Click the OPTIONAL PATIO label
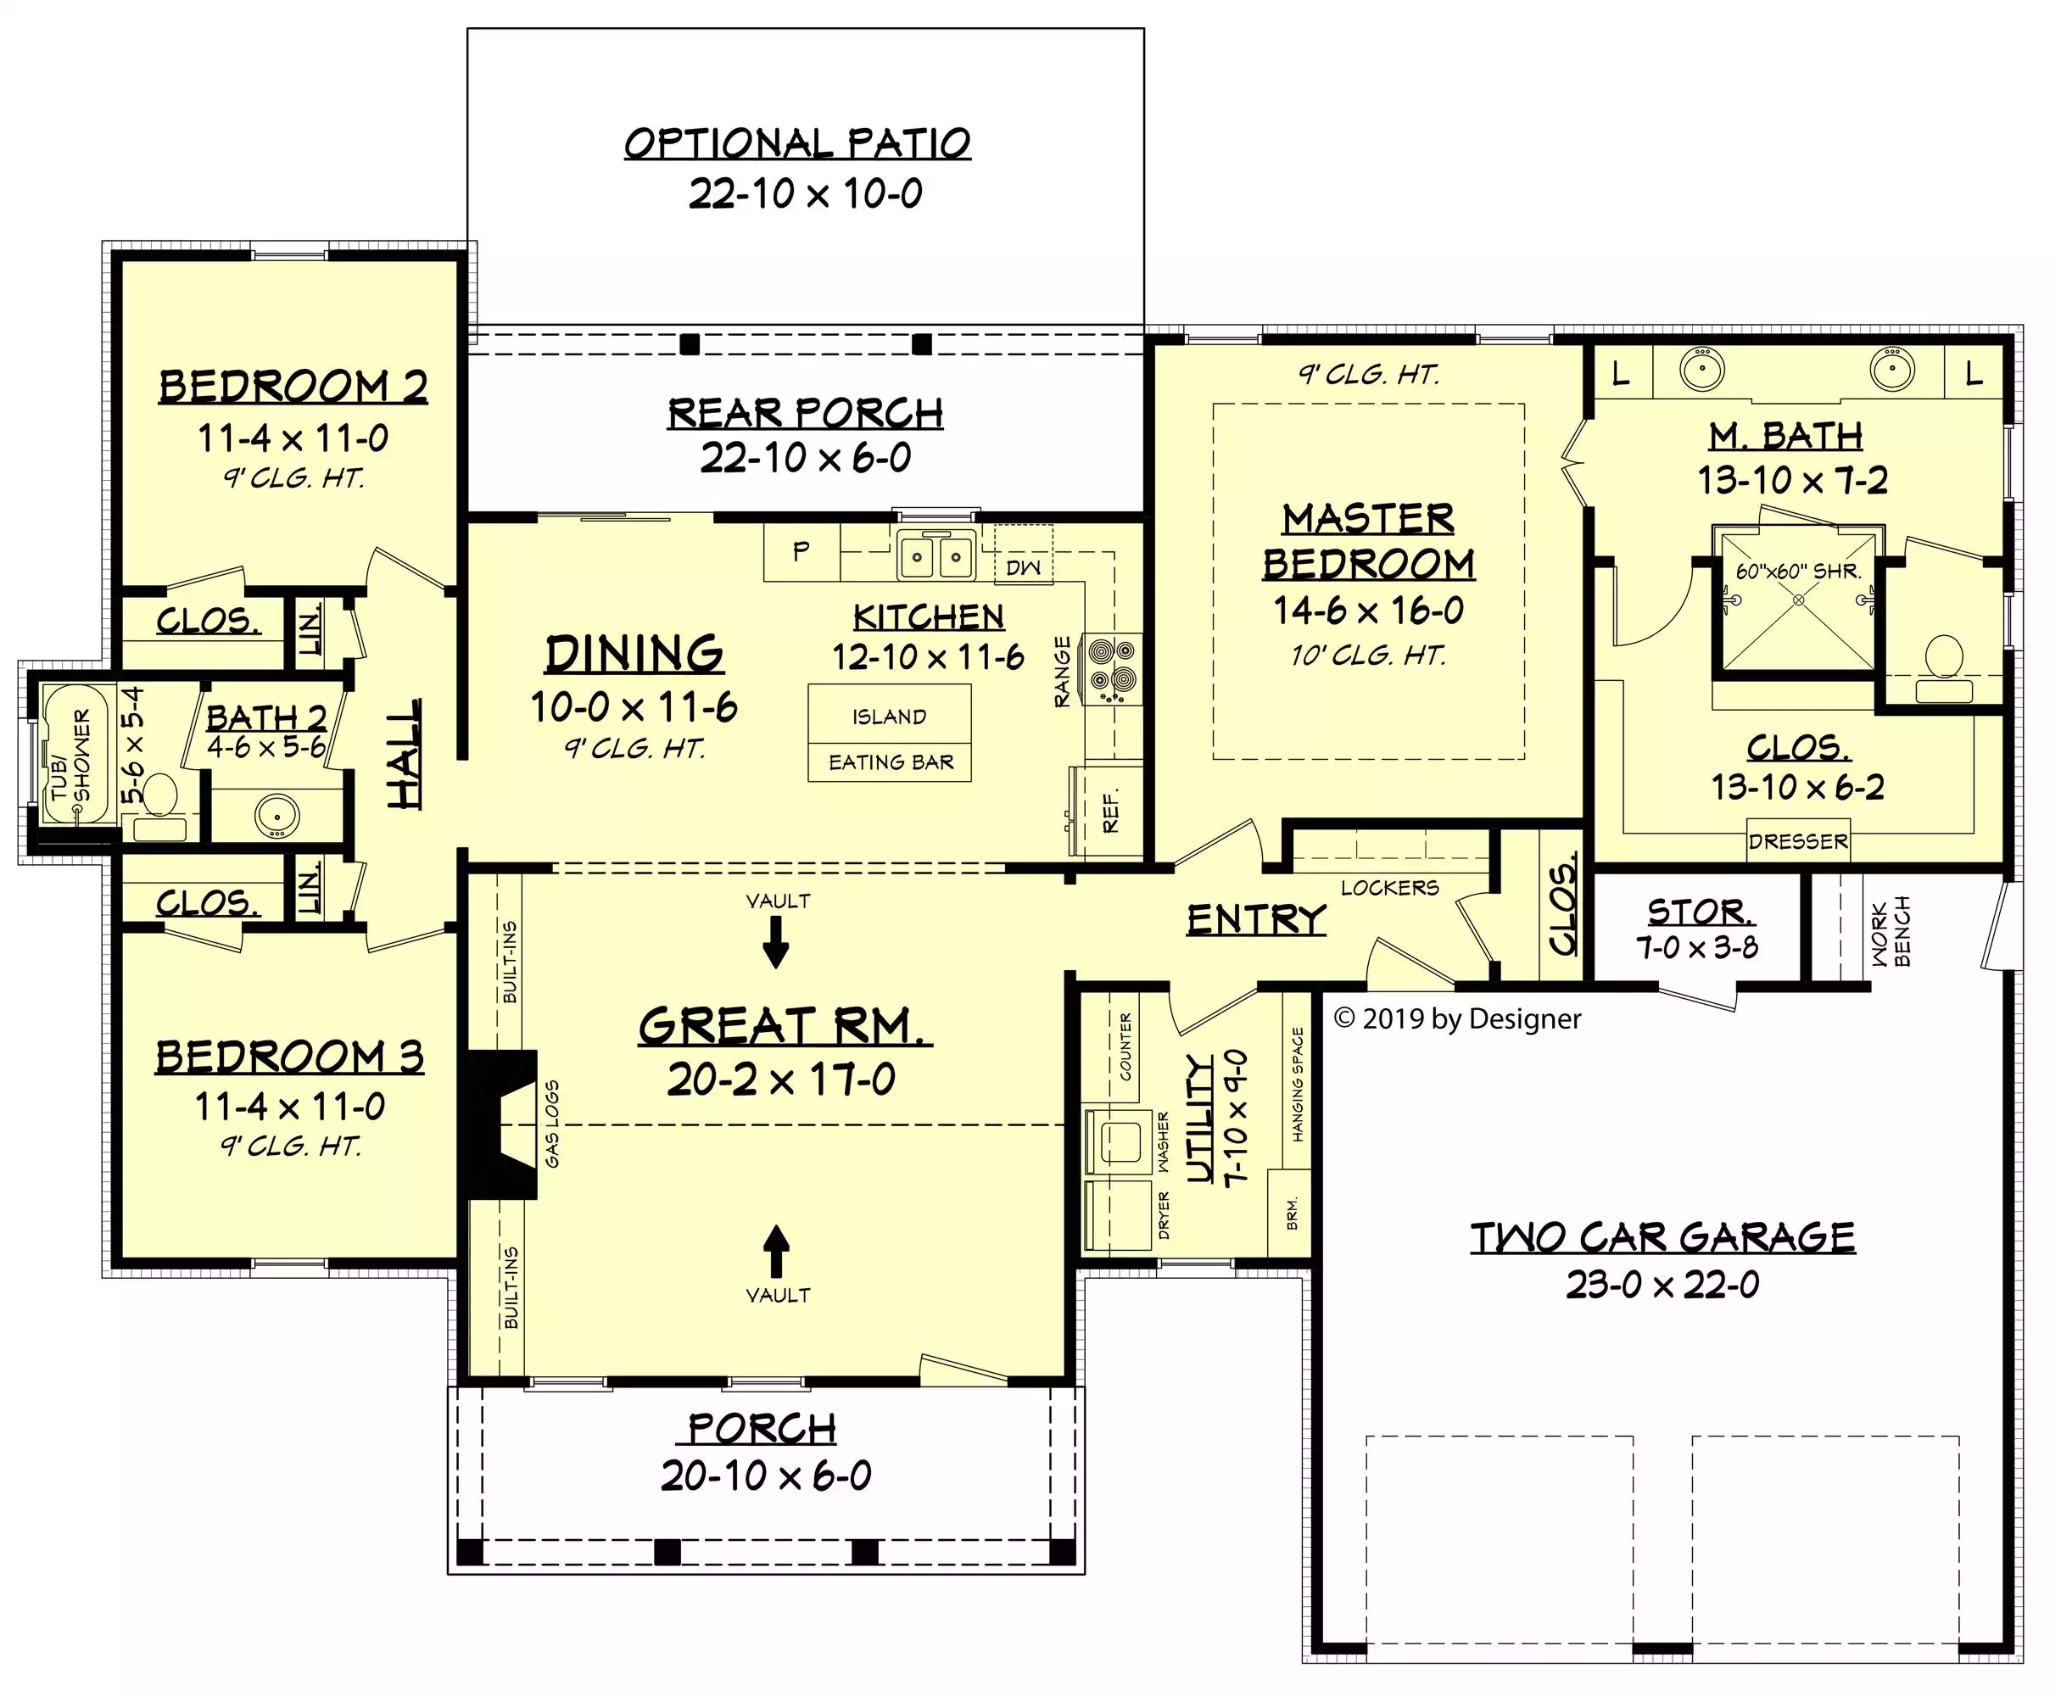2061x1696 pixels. point(797,142)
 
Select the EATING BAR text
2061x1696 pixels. point(891,762)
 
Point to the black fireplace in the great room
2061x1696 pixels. point(500,1124)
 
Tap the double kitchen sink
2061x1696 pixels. point(936,558)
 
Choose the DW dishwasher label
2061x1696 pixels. point(1023,567)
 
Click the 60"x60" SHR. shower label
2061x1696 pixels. point(1798,572)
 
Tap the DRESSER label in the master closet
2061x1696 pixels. point(1798,841)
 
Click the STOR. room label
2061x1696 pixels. point(1701,912)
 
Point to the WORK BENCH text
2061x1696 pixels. point(1890,932)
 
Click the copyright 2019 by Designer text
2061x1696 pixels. point(1456,1019)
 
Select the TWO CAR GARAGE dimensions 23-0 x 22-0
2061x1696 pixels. point(1662,1285)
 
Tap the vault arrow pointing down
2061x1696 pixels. point(776,942)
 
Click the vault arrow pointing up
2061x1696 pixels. point(776,1252)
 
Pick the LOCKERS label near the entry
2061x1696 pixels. point(1389,888)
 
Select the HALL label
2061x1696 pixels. point(405,753)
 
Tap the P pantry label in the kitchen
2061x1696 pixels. point(801,551)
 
